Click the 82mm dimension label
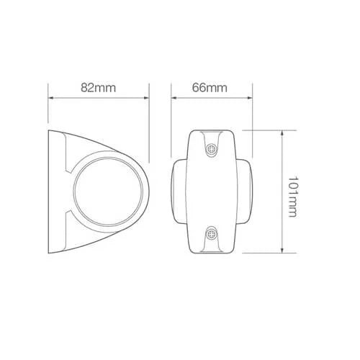click(x=98, y=88)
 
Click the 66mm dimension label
click(x=210, y=88)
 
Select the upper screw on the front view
click(x=212, y=150)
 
